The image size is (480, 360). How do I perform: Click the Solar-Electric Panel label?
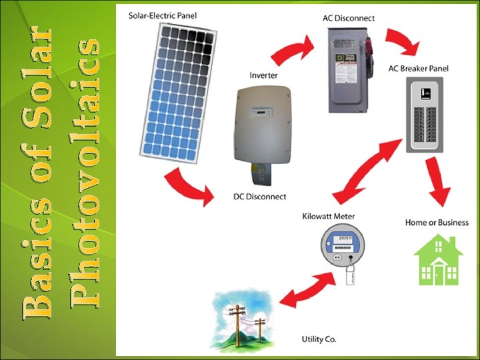point(162,15)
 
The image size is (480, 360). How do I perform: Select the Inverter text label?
point(264,75)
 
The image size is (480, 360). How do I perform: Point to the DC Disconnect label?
point(259,197)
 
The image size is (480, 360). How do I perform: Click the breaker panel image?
point(424,117)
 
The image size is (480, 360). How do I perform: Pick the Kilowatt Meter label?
point(329,216)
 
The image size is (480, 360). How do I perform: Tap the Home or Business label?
point(437,223)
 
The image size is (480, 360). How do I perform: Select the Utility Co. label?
point(319,339)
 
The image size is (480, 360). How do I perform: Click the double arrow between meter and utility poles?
point(307,291)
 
